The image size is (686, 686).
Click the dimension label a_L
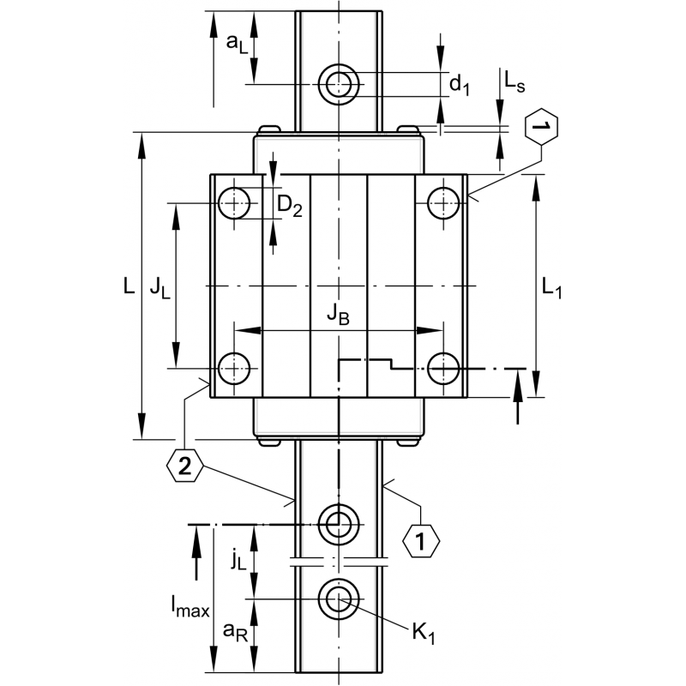237,45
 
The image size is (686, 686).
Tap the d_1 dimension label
460,83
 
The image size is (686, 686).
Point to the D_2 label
292,206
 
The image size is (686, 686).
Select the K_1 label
422,634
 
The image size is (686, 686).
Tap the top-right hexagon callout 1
539,129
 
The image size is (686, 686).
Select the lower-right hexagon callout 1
420,541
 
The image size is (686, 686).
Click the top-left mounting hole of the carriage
233,204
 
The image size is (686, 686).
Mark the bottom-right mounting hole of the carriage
443,369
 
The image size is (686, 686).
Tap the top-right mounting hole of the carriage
443,204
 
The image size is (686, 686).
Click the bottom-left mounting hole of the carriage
233,369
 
